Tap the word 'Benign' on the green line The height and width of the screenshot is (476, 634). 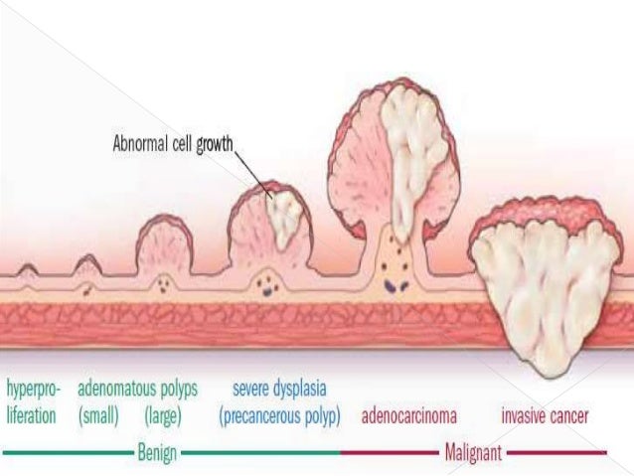(158, 453)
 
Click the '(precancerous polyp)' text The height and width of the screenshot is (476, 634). (279, 415)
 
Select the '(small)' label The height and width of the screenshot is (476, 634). (98, 415)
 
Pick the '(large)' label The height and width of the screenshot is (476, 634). (162, 415)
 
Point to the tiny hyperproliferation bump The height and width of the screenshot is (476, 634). (29, 269)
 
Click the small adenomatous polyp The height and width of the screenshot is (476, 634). (87, 263)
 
